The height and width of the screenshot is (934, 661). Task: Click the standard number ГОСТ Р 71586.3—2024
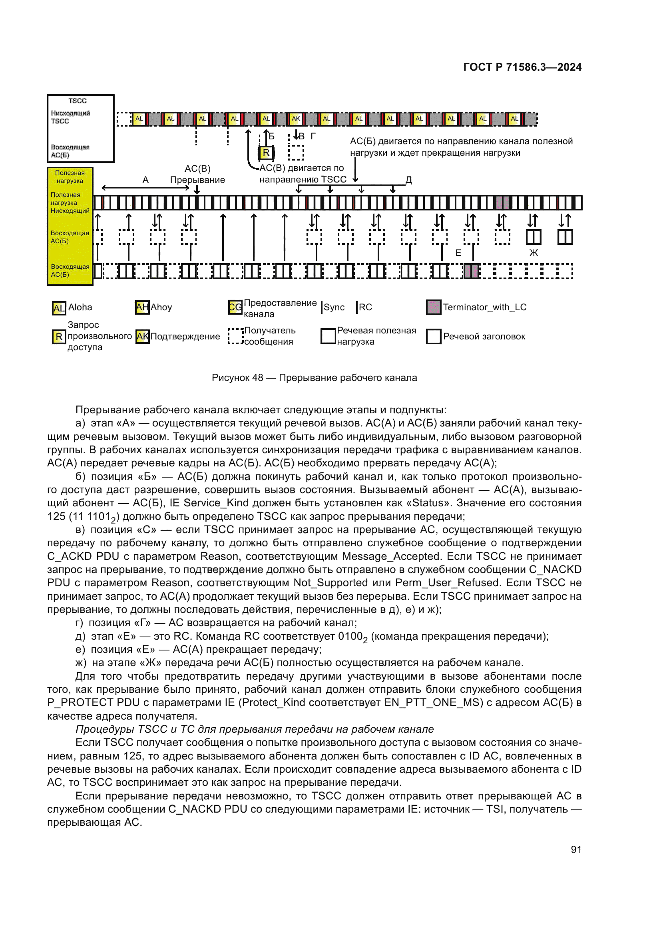point(522,67)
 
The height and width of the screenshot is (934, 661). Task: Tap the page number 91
point(576,849)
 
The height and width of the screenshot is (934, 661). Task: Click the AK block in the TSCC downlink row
point(296,119)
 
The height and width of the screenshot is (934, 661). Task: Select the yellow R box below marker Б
point(266,153)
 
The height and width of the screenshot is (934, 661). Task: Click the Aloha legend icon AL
point(59,308)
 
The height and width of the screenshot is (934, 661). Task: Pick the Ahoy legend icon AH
point(142,307)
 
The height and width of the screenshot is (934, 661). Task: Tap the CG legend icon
point(235,307)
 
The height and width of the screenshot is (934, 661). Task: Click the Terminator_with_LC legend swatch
point(434,307)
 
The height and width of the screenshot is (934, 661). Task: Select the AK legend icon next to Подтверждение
point(142,336)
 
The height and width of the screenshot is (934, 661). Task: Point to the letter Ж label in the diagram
point(533,253)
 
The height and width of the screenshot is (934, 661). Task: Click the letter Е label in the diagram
point(458,253)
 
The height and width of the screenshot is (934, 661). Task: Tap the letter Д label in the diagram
point(409,180)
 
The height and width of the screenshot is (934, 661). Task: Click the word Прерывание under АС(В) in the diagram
point(197,180)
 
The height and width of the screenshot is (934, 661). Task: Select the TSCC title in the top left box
point(78,101)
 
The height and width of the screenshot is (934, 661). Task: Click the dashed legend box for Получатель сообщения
point(235,336)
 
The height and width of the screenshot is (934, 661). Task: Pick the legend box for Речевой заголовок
point(434,336)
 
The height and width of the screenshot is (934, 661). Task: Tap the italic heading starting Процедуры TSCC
point(255,729)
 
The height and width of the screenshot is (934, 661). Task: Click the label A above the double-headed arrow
point(145,180)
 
